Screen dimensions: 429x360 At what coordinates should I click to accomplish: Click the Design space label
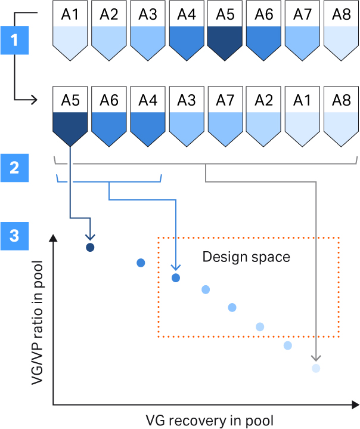point(246,257)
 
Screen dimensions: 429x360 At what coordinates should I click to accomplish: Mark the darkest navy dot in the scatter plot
point(90,247)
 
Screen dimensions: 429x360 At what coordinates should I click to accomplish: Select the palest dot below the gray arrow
point(316,368)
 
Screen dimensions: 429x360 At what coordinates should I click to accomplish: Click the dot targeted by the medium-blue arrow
point(176,277)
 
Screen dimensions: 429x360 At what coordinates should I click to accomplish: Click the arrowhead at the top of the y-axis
point(54,239)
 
